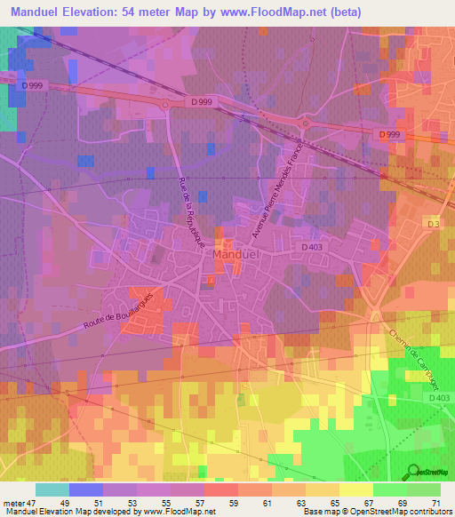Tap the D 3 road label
[x=433, y=224]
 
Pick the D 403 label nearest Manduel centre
[x=312, y=248]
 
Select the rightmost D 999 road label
[x=388, y=134]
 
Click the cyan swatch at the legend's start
[x=52, y=489]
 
